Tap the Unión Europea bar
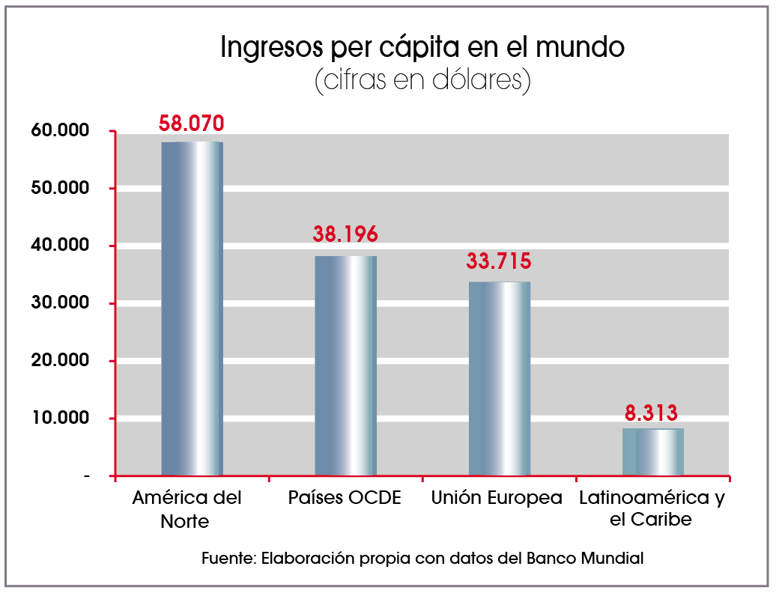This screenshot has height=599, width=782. pos(499,378)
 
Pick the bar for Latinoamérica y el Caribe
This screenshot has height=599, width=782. pos(652,451)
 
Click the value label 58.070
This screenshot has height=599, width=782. pos(191,124)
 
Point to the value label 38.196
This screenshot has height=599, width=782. pos(345,234)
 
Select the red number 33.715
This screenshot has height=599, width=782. pos(499,261)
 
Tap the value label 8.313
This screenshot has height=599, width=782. pos(652,412)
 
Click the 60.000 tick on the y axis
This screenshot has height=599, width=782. pos(61,131)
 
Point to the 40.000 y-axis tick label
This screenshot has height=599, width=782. pos(61,246)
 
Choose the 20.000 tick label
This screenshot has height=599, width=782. pos(61,361)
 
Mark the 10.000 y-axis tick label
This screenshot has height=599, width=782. pos(61,418)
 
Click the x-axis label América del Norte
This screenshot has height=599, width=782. pos(187,509)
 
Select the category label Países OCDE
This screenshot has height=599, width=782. pos(345,499)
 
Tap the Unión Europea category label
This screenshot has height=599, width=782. pos(497,499)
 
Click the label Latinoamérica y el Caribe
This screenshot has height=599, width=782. pos(652,508)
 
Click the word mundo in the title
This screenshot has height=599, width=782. pos(581,48)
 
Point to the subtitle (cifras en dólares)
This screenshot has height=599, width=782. pos(422,81)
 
